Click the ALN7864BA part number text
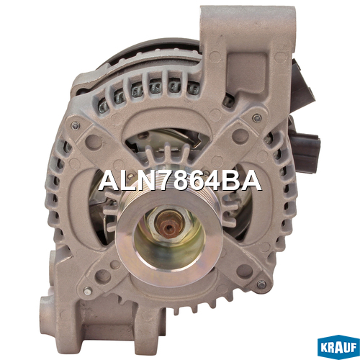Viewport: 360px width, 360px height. (x=179, y=181)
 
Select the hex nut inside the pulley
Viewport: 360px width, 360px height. (x=170, y=227)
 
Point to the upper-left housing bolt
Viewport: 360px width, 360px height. (x=76, y=126)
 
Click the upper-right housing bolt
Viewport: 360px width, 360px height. (x=257, y=118)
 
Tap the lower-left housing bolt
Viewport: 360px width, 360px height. (x=88, y=291)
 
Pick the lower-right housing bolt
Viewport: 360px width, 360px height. (x=261, y=284)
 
